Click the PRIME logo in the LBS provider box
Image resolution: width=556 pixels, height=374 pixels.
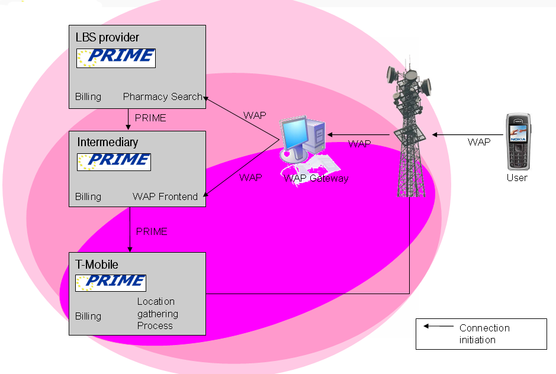tap(116, 57)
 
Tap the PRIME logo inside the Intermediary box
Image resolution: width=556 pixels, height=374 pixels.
tap(114, 162)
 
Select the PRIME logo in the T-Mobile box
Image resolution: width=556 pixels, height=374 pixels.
tap(111, 283)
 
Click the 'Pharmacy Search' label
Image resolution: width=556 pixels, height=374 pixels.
tap(162, 96)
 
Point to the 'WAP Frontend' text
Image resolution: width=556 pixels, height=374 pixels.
tap(165, 196)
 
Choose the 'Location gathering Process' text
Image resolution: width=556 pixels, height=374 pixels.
tap(158, 314)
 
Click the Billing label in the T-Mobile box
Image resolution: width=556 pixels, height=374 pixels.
tap(88, 316)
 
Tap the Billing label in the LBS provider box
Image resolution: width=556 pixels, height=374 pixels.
tap(88, 96)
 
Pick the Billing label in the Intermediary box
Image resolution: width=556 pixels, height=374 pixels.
tap(88, 196)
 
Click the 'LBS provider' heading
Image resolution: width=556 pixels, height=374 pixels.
tap(107, 38)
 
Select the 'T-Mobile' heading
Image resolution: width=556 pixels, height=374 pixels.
tap(97, 265)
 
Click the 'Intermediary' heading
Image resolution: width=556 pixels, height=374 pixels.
tap(107, 142)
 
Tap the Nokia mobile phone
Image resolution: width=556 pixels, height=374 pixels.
tap(517, 142)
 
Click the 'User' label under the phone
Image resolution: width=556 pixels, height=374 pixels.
tap(517, 178)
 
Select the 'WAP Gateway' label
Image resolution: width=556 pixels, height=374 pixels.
tap(316, 178)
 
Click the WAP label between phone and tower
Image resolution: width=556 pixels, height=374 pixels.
tap(479, 142)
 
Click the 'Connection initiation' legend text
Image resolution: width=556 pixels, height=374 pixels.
tap(484, 334)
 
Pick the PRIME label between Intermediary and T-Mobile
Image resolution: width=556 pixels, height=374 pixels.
tap(152, 231)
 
